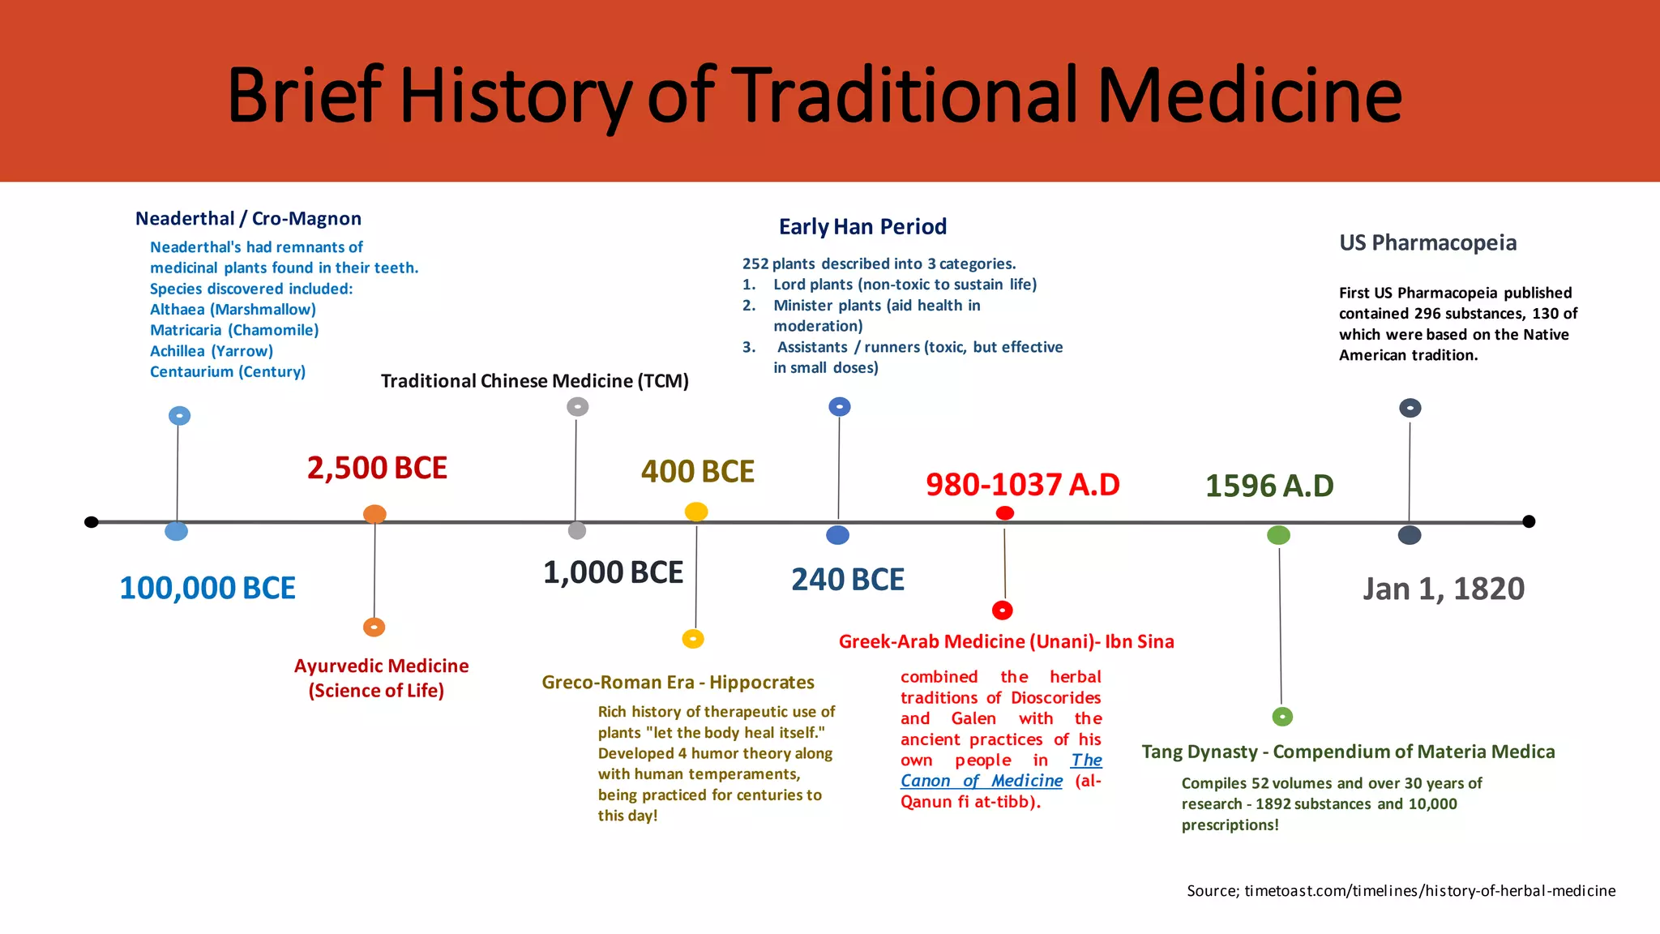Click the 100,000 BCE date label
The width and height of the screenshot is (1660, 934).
207,588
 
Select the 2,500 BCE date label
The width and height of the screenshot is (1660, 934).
377,468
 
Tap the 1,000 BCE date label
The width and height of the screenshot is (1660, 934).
613,572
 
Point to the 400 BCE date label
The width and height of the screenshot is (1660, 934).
697,471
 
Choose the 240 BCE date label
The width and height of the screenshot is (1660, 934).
847,580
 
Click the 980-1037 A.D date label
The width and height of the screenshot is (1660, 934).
1022,485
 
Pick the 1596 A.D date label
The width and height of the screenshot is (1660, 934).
1269,486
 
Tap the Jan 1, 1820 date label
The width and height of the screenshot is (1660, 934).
1443,589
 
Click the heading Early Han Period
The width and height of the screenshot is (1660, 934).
862,227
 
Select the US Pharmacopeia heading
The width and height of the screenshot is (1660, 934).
1427,242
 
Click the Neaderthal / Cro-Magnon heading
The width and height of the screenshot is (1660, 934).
248,219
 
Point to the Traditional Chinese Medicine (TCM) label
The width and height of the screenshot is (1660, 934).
534,381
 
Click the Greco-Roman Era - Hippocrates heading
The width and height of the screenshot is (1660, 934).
678,683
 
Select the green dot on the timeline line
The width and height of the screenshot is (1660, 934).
1278,535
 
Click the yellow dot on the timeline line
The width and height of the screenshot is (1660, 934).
696,512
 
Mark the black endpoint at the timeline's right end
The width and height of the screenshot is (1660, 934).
1529,521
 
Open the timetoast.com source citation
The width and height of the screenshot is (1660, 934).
1401,891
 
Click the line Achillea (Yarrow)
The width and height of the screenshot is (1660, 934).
212,351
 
